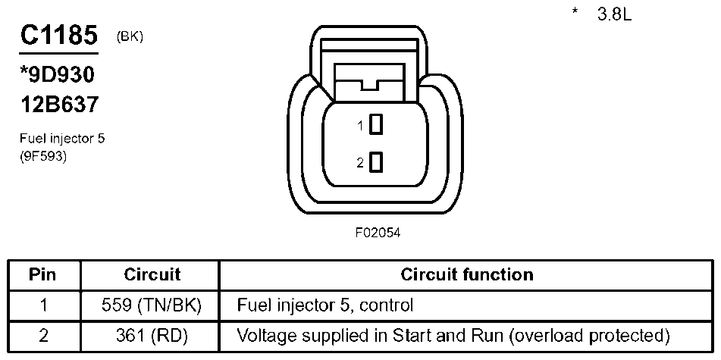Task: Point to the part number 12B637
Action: [59, 105]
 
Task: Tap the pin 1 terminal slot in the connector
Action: [376, 125]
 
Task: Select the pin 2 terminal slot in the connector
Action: [376, 162]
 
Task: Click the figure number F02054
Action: [377, 233]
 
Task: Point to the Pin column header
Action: [42, 274]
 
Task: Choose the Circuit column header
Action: [152, 274]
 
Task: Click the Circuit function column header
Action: [466, 274]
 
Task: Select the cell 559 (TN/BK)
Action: [152, 306]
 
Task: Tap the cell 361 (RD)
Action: [152, 335]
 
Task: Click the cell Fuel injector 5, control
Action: [326, 306]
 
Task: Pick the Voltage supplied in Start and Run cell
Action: [453, 335]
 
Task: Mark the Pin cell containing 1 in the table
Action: [42, 306]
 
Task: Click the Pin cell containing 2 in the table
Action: [42, 335]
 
